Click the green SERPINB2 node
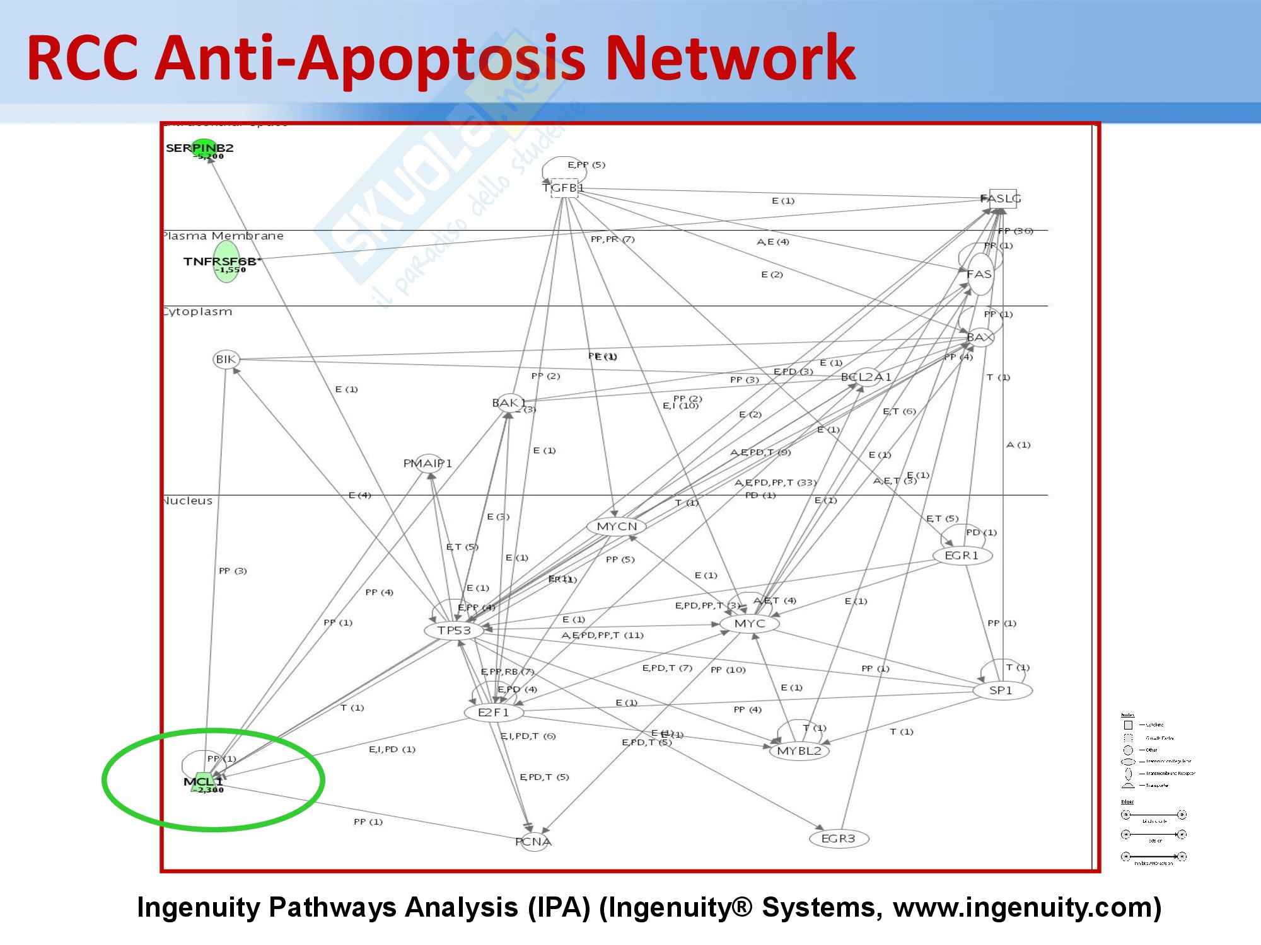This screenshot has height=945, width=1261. click(x=203, y=148)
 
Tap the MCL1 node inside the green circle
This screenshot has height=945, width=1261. click(x=203, y=782)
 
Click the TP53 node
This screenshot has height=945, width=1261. click(x=454, y=630)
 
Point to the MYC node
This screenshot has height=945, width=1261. click(x=750, y=624)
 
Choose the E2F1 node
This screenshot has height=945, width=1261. click(x=494, y=713)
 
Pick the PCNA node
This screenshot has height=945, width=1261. click(x=533, y=842)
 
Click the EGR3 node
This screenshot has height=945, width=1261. click(x=839, y=839)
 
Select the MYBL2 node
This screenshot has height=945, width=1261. click(x=799, y=751)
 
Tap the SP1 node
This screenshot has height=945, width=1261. click(x=1001, y=690)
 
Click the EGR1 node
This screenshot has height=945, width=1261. click(x=962, y=556)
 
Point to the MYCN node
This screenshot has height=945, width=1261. click(x=617, y=526)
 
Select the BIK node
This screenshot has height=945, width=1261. click(x=226, y=360)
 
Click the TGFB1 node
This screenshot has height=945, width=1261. click(x=564, y=188)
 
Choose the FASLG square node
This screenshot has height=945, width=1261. click(x=1002, y=198)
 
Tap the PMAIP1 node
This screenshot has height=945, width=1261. click(x=428, y=464)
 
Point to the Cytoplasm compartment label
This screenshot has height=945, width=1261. click(x=198, y=312)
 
